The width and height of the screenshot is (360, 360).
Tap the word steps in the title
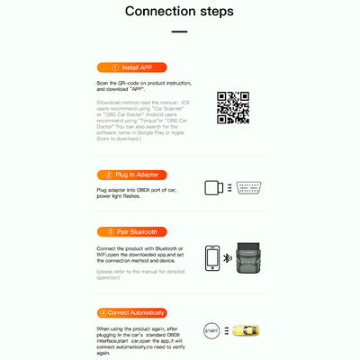pos(214,13)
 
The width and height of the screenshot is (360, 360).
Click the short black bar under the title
pos(180,32)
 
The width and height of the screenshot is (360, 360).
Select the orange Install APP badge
pos(130,67)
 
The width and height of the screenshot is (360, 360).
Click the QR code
pos(233,107)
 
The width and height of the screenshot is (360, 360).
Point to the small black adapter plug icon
pos(213,187)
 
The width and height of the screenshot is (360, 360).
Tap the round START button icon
pos(212,330)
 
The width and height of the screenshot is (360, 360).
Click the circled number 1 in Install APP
pos(115,67)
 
